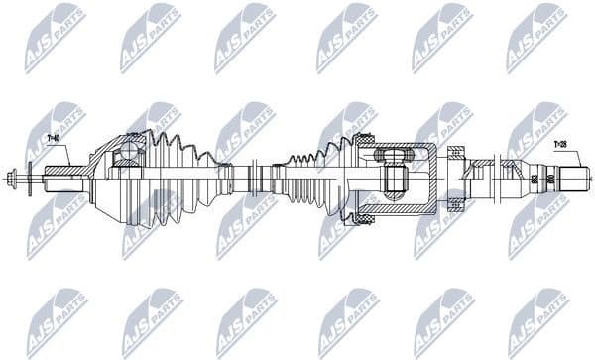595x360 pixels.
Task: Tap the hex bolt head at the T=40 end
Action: pos(13,181)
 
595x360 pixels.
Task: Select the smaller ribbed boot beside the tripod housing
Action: pos(312,179)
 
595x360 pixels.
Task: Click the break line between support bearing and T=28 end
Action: pos(496,180)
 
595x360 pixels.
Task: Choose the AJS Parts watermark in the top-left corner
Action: pos(55,38)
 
